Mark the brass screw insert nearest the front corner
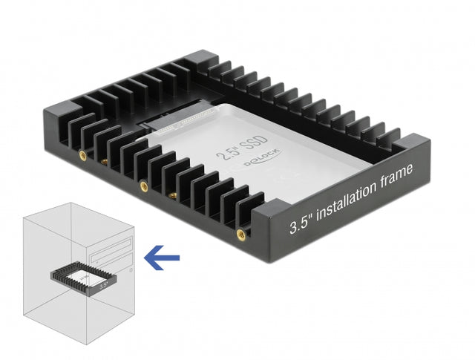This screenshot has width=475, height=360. coord(240,235)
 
